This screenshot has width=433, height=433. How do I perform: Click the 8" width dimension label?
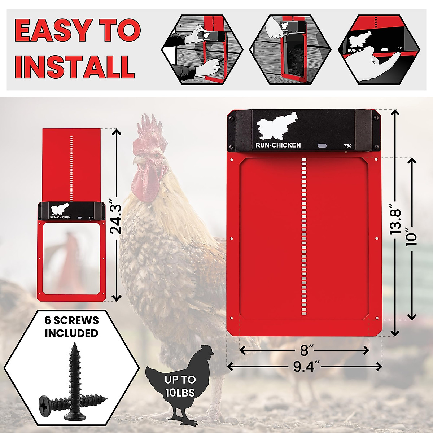coord(304,350)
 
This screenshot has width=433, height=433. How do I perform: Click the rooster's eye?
coord(156,154)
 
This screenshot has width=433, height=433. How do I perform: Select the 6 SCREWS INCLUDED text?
coord(71,327)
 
